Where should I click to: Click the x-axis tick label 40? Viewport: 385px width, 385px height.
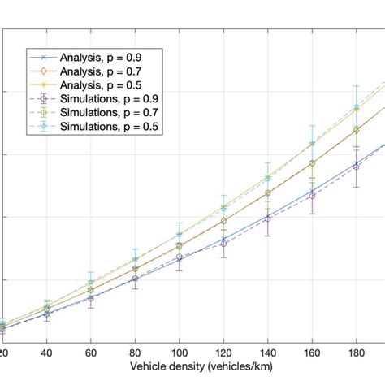[46, 354]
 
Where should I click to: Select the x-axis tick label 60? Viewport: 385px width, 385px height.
[91, 354]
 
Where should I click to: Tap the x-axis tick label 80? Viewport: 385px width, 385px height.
[135, 354]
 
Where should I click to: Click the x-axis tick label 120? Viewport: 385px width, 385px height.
[223, 354]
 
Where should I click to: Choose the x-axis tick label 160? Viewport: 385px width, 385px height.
[312, 354]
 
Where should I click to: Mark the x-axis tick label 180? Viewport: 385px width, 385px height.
[356, 354]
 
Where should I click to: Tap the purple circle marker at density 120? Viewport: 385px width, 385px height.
[223, 244]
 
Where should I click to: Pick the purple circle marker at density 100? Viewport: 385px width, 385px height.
[180, 257]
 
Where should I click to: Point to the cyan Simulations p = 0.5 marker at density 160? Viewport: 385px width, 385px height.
[312, 145]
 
